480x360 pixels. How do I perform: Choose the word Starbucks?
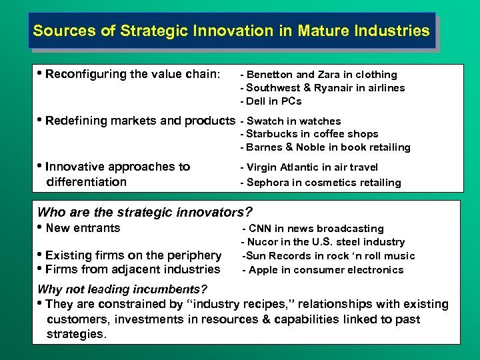coord(272,134)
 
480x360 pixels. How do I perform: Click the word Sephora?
coord(271,183)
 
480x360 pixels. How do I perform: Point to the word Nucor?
coord(264,242)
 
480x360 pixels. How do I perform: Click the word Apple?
coord(263,270)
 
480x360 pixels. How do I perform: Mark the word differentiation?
coord(86,182)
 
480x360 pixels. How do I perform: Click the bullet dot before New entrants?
coord(41,228)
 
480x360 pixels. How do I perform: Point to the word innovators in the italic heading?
coord(213,213)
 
